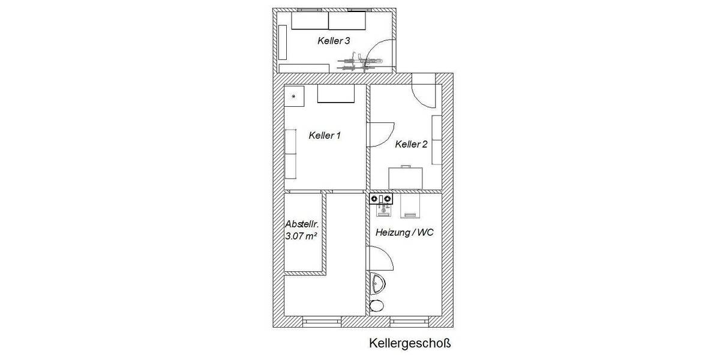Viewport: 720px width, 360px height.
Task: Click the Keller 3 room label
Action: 333,41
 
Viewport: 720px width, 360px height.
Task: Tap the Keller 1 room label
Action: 325,136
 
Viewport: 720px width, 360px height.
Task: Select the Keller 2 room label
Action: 411,144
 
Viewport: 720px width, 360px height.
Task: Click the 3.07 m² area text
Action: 301,236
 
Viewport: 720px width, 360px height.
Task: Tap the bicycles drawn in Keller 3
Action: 358,62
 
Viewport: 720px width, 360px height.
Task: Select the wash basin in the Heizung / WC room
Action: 377,283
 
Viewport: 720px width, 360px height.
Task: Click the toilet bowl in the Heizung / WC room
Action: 377,306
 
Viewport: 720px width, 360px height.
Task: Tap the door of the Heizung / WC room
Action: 380,260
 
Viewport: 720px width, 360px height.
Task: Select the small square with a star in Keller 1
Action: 294,96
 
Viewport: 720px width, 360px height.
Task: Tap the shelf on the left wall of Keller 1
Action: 290,154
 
